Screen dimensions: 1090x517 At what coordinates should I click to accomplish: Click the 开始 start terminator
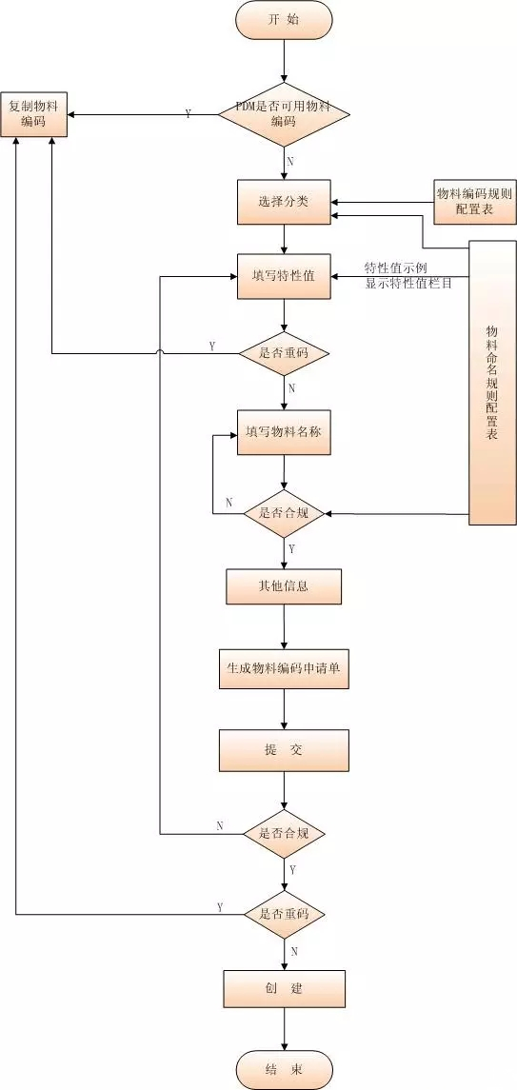coord(284,20)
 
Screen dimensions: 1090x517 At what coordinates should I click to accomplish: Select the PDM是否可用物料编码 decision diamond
coord(284,115)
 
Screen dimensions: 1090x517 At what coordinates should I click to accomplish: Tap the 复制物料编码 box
coord(33,114)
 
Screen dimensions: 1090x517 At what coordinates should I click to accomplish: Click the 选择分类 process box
coord(284,202)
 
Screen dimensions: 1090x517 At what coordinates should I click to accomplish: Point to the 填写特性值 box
coord(284,276)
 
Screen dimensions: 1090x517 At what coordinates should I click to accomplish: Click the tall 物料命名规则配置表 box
coord(491,381)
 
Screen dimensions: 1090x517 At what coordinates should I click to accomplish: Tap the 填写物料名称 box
coord(284,432)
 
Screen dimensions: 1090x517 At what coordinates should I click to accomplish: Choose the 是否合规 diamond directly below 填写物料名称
coord(284,514)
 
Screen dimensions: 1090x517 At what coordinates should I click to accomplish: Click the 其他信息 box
coord(284,586)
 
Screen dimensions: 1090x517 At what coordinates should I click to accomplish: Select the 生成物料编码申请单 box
coord(284,668)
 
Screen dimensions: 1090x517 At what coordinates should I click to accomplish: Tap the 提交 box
coord(284,750)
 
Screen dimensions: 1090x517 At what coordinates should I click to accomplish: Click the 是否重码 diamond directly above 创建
coord(284,913)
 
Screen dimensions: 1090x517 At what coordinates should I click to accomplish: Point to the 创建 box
coord(284,988)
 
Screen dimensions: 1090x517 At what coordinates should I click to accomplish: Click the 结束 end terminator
coord(284,1070)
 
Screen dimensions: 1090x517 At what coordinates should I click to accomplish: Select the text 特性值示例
coord(396,268)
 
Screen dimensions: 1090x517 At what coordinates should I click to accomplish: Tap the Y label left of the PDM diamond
coord(188,114)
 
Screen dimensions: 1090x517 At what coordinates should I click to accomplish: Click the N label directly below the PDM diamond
coord(290,161)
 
